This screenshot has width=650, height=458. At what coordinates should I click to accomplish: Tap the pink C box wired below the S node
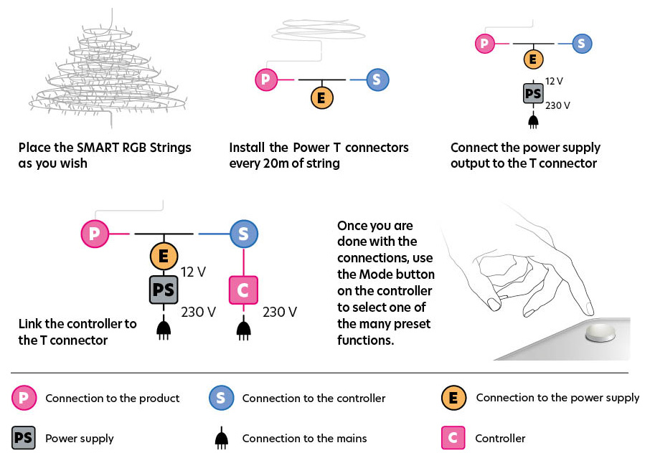click(242, 290)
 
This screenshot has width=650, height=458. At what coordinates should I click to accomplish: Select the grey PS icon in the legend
click(24, 438)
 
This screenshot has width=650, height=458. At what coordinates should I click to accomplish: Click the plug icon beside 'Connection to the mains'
click(222, 438)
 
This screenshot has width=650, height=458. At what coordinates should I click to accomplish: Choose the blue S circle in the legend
click(220, 398)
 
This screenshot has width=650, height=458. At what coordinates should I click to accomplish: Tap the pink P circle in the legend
click(24, 398)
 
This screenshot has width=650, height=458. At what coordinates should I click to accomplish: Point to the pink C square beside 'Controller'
click(453, 438)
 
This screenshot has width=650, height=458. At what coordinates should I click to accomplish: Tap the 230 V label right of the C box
click(280, 312)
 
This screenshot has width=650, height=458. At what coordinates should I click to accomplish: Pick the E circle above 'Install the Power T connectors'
click(321, 97)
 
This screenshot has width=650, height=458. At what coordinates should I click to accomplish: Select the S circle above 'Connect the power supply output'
click(580, 44)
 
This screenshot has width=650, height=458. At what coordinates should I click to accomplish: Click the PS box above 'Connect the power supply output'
click(532, 94)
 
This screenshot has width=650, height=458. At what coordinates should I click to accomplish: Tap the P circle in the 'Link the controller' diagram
click(95, 234)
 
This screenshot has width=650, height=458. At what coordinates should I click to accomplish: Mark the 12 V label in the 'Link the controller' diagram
click(194, 272)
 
